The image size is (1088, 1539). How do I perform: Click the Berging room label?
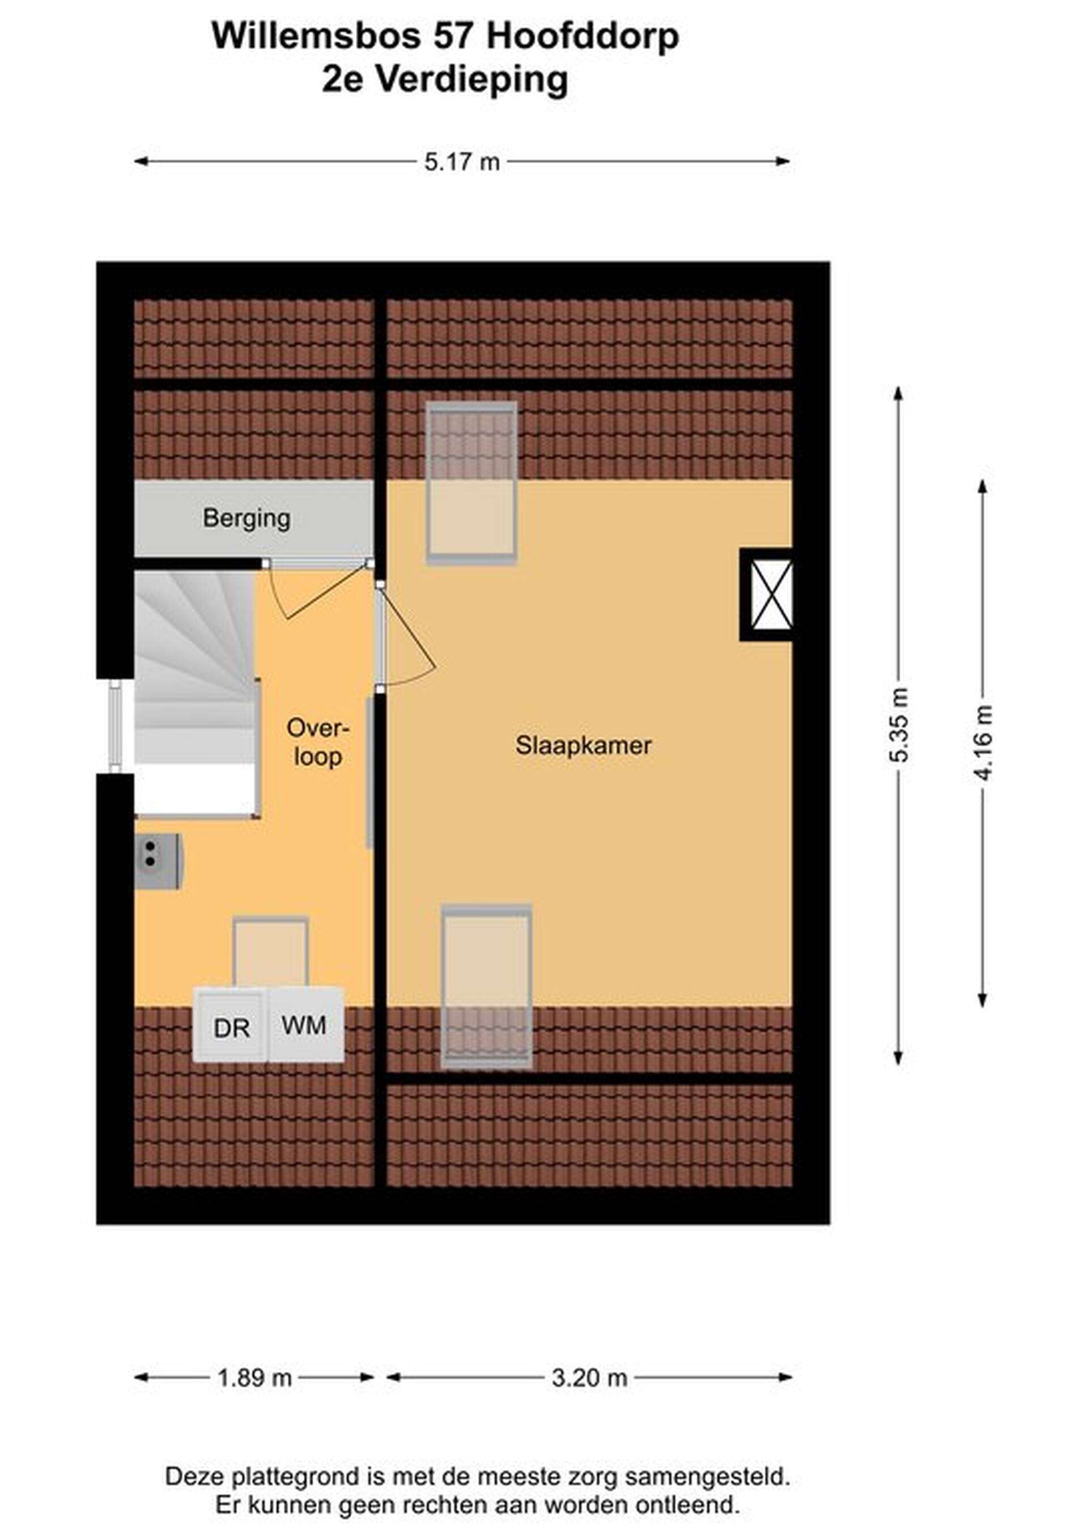[x=246, y=519]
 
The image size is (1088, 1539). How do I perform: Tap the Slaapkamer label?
[x=583, y=746]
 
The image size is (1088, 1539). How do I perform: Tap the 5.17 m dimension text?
[x=462, y=162]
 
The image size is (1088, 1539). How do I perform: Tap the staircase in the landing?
[x=197, y=693]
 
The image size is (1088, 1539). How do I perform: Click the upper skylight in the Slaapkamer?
[x=472, y=482]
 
